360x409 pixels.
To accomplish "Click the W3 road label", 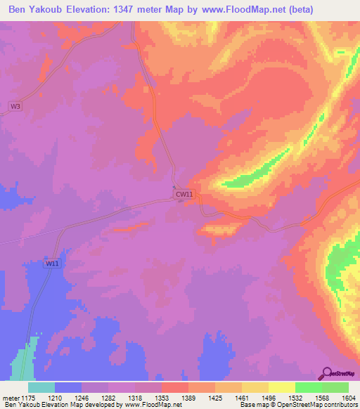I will (x=15, y=106).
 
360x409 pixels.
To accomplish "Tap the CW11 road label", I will (x=184, y=193).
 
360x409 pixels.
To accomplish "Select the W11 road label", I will (x=52, y=263).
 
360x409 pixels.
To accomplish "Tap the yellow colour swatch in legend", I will (x=281, y=387).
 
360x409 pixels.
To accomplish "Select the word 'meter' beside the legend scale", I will (x=11, y=398).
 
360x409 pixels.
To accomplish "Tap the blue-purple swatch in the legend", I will (x=68, y=387).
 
